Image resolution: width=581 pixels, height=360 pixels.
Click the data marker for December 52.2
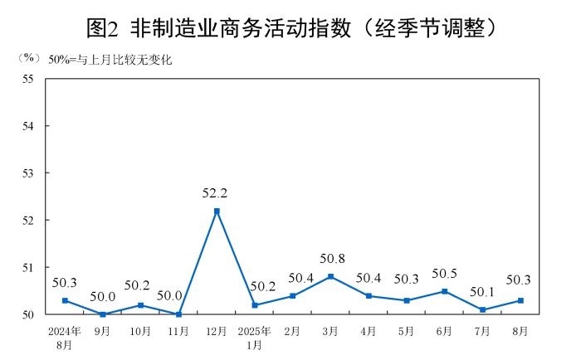pos(217,211)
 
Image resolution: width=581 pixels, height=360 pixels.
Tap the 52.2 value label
pos(215,193)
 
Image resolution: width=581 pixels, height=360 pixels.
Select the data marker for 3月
pos(330,276)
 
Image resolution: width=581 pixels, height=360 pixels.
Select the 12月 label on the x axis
pos(217,331)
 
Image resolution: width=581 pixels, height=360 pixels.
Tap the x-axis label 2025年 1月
pos(255,337)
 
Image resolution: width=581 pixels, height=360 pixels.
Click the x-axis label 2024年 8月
pos(65,337)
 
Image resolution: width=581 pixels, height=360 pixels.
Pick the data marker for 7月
pos(482,309)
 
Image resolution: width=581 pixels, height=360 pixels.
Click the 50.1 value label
pos(481,291)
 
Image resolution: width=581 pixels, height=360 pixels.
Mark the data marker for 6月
pos(444,291)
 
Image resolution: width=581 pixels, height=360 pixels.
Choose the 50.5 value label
pos(444,274)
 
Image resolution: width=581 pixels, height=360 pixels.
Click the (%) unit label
pos(27,58)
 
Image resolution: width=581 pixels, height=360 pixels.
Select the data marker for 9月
pos(103,314)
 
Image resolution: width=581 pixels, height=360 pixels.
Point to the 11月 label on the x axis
pos(178,331)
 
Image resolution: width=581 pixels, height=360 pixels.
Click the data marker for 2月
pos(293,295)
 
